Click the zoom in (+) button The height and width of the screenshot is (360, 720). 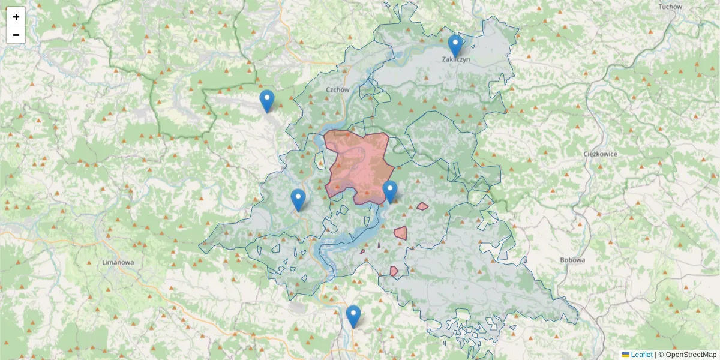click(x=16, y=17)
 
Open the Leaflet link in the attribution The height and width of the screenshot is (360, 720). click(x=641, y=355)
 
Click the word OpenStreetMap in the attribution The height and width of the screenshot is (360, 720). click(x=691, y=355)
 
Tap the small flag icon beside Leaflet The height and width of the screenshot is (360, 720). click(x=625, y=355)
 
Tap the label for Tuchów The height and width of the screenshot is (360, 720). click(x=670, y=7)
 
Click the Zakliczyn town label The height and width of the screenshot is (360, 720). click(x=455, y=59)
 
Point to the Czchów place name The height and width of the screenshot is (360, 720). click(x=337, y=89)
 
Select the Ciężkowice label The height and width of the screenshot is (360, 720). click(x=600, y=154)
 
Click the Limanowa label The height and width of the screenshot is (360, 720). click(x=118, y=263)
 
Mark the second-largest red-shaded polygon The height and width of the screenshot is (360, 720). click(x=400, y=232)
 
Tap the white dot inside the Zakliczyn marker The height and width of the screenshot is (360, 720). click(x=455, y=43)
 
